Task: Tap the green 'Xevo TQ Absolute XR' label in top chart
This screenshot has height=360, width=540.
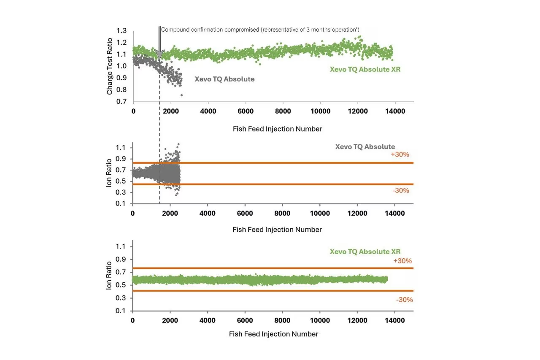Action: [x=365, y=69]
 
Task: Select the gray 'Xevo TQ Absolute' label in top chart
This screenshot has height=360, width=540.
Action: [x=224, y=79]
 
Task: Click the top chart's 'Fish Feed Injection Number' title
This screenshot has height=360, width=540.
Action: [x=277, y=129]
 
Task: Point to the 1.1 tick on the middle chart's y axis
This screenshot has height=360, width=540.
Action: [x=121, y=148]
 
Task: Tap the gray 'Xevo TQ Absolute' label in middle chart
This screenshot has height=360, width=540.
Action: [x=365, y=147]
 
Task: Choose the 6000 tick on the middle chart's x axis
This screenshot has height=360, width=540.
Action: [x=245, y=213]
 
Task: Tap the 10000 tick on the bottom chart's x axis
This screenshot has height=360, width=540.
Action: [x=320, y=321]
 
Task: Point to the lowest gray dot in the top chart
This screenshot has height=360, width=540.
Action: [x=181, y=95]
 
